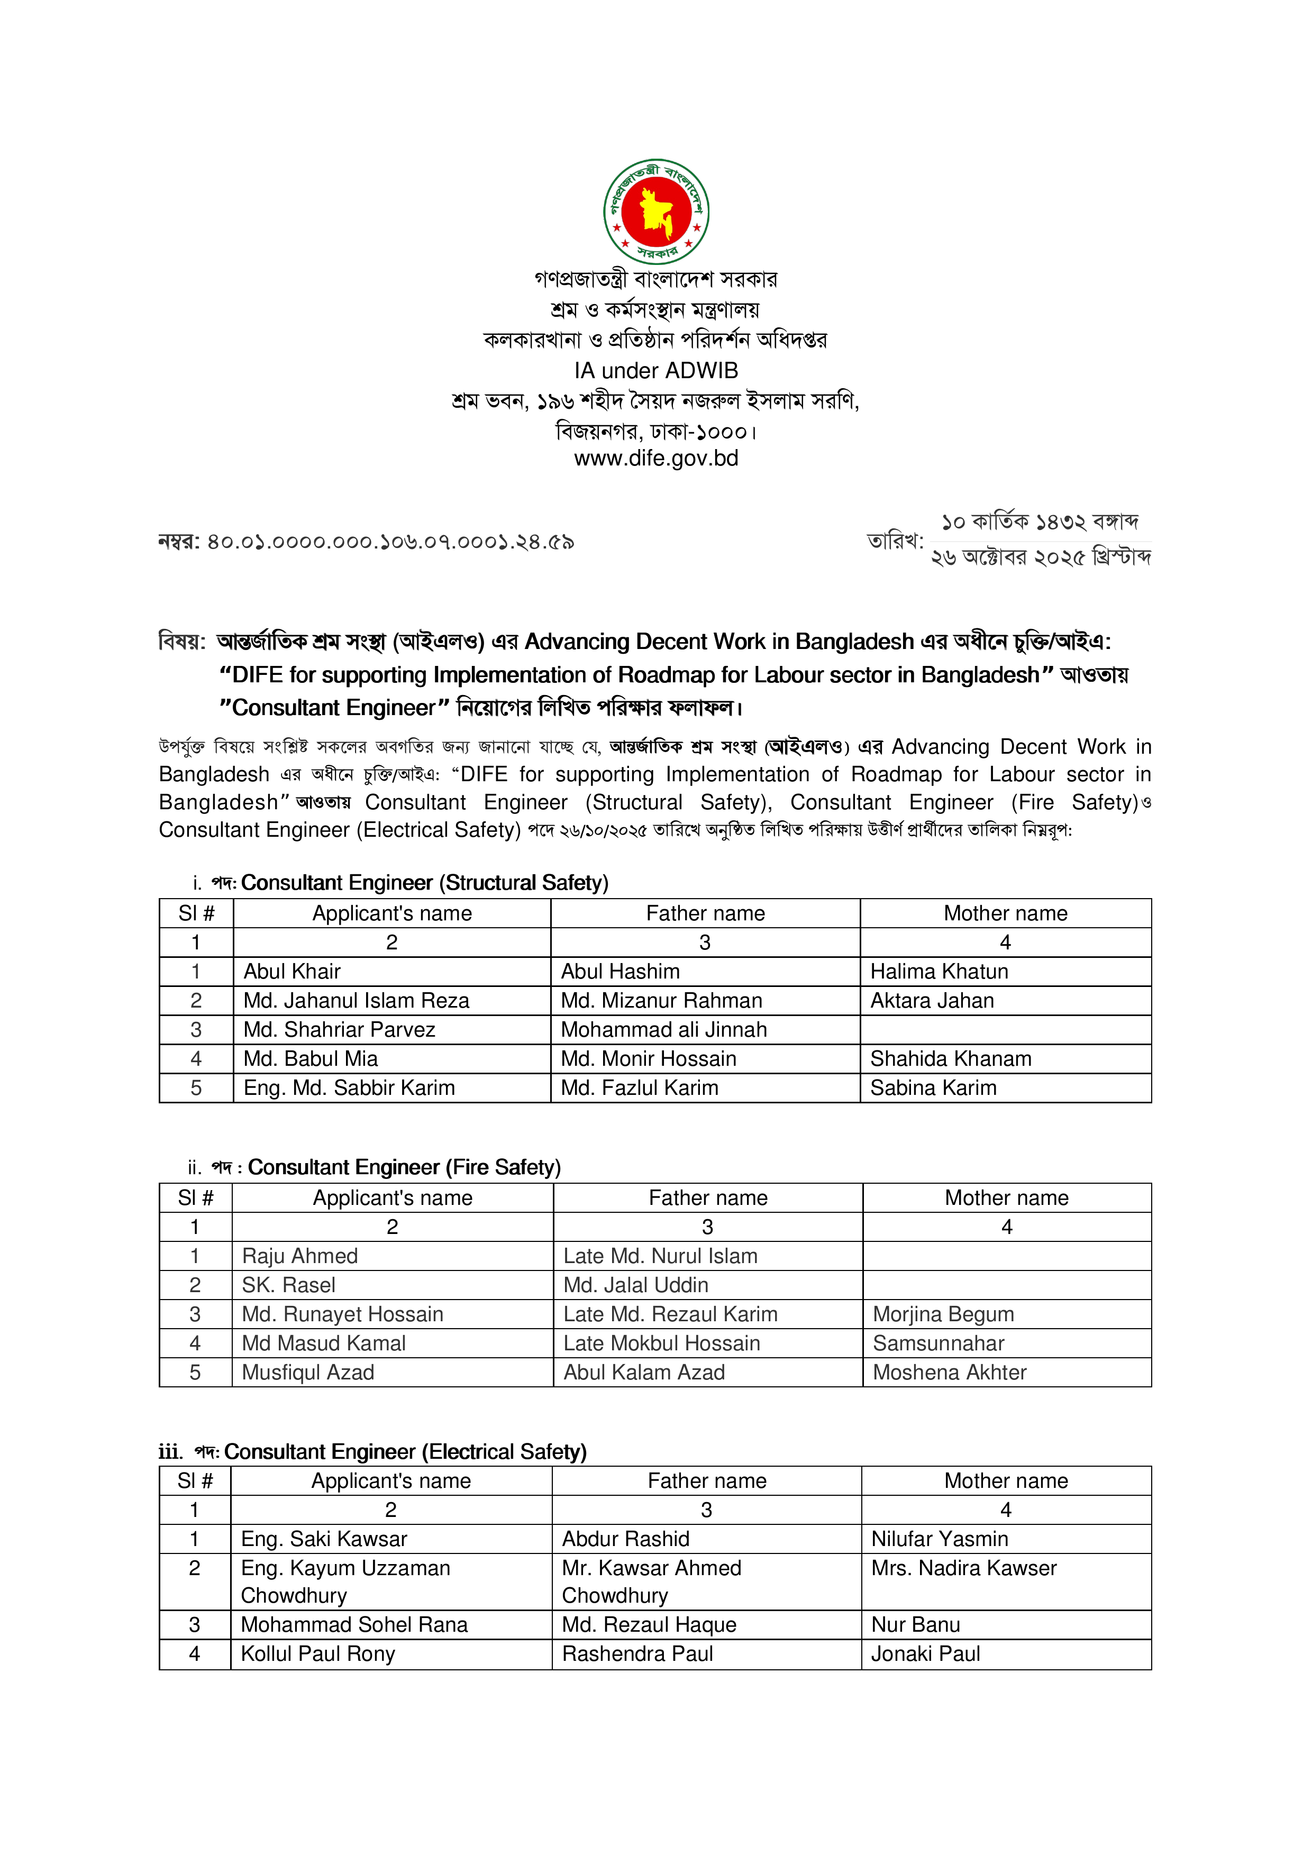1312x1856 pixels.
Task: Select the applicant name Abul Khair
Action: coord(292,971)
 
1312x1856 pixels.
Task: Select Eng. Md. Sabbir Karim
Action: coord(349,1087)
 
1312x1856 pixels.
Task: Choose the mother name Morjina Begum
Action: coord(943,1314)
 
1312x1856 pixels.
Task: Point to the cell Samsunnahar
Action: coord(938,1343)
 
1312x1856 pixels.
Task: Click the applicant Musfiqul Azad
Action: coord(307,1372)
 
